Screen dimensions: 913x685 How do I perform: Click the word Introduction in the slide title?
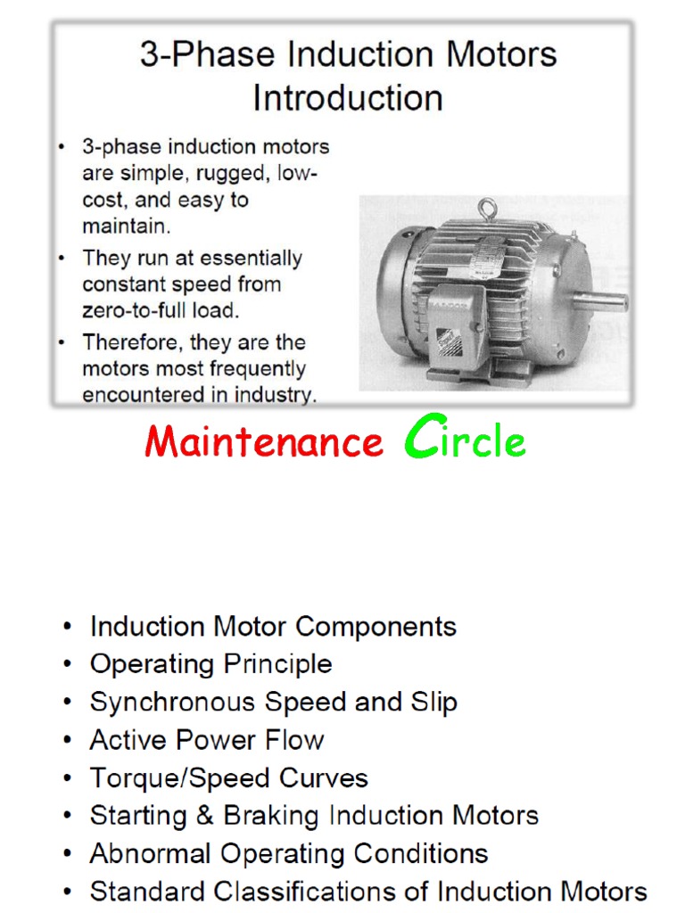347,97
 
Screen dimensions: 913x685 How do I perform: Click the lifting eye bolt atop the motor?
486,210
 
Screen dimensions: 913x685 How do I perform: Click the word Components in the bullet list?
376,626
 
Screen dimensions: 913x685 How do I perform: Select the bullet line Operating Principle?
210,664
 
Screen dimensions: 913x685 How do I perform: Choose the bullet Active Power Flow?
206,740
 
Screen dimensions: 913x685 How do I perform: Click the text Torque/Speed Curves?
228,778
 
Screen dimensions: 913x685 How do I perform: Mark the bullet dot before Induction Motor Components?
69,627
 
